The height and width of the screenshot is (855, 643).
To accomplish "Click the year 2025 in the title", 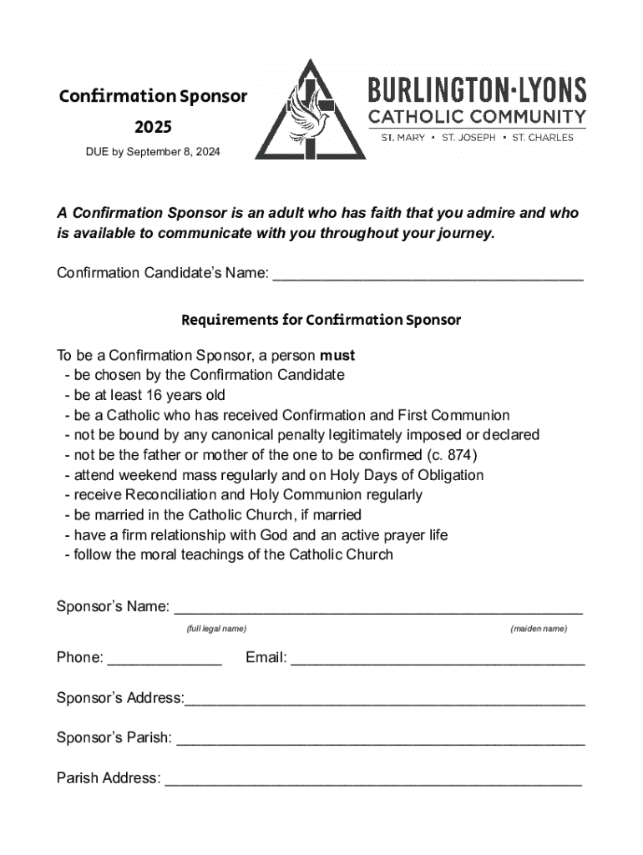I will [153, 127].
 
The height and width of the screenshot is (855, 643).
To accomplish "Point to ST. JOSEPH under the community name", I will [468, 137].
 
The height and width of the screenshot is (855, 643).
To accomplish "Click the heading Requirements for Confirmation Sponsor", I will [321, 320].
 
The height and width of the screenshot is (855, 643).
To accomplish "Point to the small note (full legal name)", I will [216, 628].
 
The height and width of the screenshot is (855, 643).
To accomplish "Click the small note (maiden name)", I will [539, 628].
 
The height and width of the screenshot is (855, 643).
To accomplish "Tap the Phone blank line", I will [165, 660].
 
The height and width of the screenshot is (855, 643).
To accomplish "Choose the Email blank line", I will [438, 660].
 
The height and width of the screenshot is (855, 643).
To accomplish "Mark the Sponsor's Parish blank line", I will [381, 740].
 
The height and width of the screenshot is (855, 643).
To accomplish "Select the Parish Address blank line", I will [373, 781].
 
